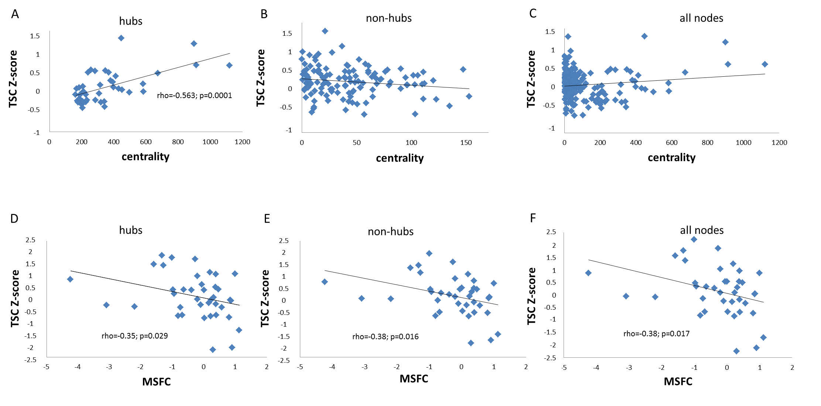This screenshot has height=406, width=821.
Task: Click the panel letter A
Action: click(x=15, y=14)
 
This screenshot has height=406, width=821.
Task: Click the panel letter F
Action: click(x=533, y=218)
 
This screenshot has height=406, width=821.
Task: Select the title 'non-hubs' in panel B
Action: click(x=389, y=18)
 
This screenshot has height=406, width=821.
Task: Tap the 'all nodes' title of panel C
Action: click(x=701, y=18)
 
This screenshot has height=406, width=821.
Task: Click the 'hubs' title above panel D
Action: click(x=131, y=230)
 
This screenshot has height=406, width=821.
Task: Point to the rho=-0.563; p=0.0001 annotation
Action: click(x=194, y=96)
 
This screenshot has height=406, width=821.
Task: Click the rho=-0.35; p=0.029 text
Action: click(x=134, y=336)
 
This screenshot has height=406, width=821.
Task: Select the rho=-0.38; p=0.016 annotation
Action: click(x=385, y=337)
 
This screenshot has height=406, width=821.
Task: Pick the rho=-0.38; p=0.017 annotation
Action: click(x=656, y=334)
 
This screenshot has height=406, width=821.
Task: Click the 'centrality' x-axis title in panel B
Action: click(x=400, y=158)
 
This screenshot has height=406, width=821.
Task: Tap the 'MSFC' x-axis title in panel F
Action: click(x=678, y=381)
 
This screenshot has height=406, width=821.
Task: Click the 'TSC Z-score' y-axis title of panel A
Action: click(x=13, y=79)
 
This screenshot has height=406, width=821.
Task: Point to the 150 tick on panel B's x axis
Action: click(x=466, y=143)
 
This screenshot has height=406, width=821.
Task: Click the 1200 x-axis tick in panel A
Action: click(x=242, y=142)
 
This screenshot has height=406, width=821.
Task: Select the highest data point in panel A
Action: click(x=121, y=38)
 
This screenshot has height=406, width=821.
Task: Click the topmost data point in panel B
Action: click(x=325, y=31)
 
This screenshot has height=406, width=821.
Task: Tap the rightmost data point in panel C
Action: click(x=765, y=64)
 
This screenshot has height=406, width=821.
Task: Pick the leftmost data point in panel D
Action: click(x=70, y=279)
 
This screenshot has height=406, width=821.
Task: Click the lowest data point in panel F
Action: click(x=736, y=351)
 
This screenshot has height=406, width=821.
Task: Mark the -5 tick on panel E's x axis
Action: click(x=300, y=367)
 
